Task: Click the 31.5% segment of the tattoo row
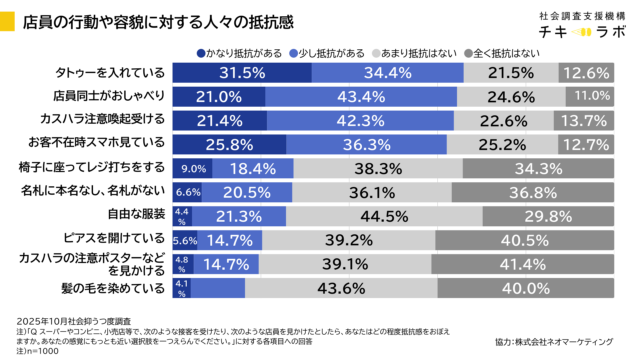(x=220, y=73)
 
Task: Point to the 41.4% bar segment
(x=520, y=264)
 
